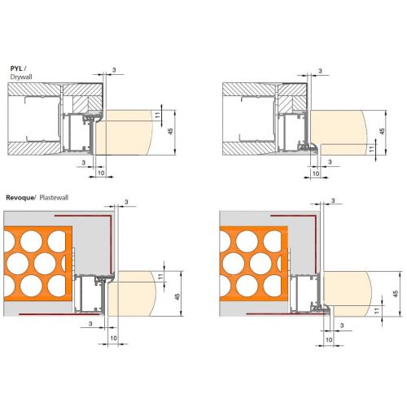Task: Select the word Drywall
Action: click(x=21, y=77)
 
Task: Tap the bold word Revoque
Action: click(x=20, y=197)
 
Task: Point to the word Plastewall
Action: click(x=57, y=197)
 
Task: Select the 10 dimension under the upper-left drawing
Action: click(x=101, y=173)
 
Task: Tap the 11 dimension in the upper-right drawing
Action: click(x=370, y=148)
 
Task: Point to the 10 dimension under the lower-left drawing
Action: click(x=113, y=336)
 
